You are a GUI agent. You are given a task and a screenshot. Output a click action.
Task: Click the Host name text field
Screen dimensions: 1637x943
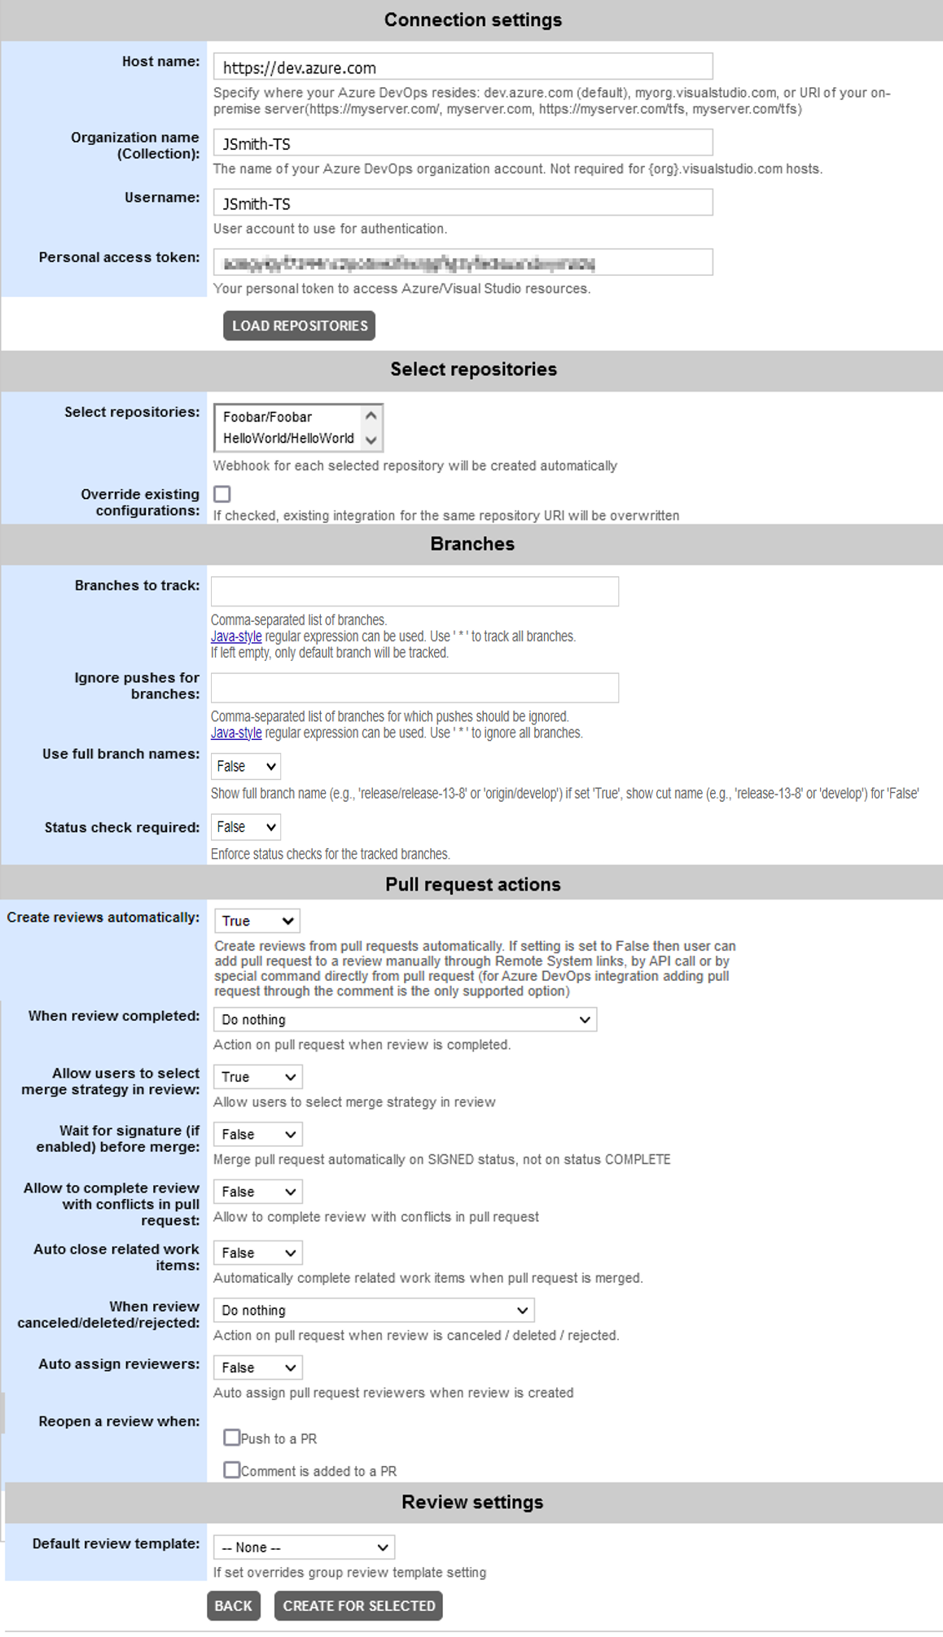(x=463, y=67)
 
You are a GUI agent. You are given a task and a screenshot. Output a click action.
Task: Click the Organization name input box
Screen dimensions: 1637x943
(x=463, y=143)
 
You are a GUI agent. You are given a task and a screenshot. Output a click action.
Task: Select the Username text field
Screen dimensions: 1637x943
(x=463, y=203)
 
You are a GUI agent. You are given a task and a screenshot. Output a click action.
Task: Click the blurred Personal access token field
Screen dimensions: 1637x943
(x=463, y=263)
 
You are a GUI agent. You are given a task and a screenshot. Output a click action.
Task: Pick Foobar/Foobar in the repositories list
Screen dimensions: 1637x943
(x=268, y=417)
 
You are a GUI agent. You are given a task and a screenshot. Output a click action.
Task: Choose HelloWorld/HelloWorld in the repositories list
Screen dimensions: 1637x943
(x=288, y=438)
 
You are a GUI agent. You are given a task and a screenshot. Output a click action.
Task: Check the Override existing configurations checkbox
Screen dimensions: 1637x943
(x=222, y=494)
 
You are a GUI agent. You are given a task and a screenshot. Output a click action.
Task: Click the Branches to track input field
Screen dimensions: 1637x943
(x=414, y=591)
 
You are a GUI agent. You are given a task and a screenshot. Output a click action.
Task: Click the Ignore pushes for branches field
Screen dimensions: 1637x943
(x=414, y=688)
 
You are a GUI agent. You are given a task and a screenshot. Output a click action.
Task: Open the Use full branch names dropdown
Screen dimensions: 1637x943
(x=246, y=766)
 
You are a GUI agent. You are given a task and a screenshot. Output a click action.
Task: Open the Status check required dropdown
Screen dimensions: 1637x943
(x=246, y=827)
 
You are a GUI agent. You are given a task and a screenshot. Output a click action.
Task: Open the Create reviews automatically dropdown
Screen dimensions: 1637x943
(x=257, y=921)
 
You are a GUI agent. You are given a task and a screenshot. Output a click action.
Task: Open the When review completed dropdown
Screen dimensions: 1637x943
(x=405, y=1020)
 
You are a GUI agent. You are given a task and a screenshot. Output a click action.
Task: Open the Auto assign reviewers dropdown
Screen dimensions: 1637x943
(x=257, y=1368)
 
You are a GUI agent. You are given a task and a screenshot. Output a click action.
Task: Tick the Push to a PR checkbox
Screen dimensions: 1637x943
(x=232, y=1438)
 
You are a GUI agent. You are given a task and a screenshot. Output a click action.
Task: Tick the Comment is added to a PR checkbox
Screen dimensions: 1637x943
(x=232, y=1470)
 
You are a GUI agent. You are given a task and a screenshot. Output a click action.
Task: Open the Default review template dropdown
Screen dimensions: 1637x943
(x=304, y=1547)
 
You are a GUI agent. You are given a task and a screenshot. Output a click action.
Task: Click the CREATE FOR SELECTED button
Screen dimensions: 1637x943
(x=358, y=1606)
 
